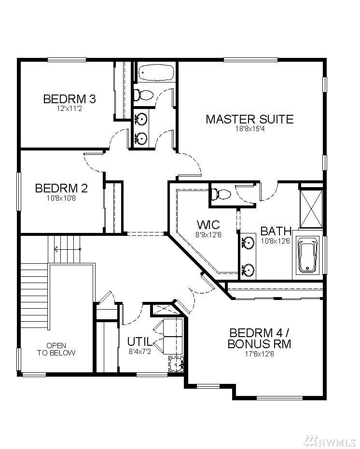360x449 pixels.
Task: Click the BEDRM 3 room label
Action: click(x=69, y=99)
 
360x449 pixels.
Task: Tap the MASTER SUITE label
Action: click(x=249, y=119)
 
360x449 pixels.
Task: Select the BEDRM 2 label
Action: click(x=61, y=188)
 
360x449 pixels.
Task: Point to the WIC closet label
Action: click(x=208, y=224)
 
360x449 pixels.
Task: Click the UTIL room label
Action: click(x=139, y=341)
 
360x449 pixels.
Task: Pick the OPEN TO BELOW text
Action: click(x=56, y=349)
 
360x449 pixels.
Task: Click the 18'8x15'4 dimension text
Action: click(x=250, y=129)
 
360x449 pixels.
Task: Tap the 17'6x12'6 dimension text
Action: click(x=259, y=354)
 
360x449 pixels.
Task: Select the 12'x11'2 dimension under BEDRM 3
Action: click(x=69, y=109)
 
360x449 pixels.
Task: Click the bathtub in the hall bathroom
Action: click(x=156, y=72)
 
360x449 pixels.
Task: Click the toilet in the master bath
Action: click(x=221, y=195)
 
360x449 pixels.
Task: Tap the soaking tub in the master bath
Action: click(x=308, y=256)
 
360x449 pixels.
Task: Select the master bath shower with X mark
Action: click(x=311, y=208)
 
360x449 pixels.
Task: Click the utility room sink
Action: click(x=176, y=365)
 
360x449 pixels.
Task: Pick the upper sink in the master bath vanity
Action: click(x=248, y=243)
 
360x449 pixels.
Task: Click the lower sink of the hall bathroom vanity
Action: click(x=140, y=138)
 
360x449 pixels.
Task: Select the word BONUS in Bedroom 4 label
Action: click(x=249, y=343)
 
